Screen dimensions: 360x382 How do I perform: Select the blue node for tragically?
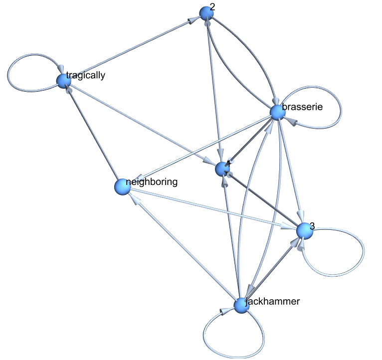pos(64,80)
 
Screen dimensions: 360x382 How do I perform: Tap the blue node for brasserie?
pos(278,112)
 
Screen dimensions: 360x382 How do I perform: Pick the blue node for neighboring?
pos(122,187)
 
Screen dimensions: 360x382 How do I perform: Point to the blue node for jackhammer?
pos(241,305)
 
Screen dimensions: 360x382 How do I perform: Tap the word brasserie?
pos(303,107)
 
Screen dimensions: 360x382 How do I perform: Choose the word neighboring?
pos(152,181)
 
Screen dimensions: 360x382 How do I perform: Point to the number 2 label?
pos(213,6)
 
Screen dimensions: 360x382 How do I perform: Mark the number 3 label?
pos(312,225)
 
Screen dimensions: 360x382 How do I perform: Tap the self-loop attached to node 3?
pos(349,254)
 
